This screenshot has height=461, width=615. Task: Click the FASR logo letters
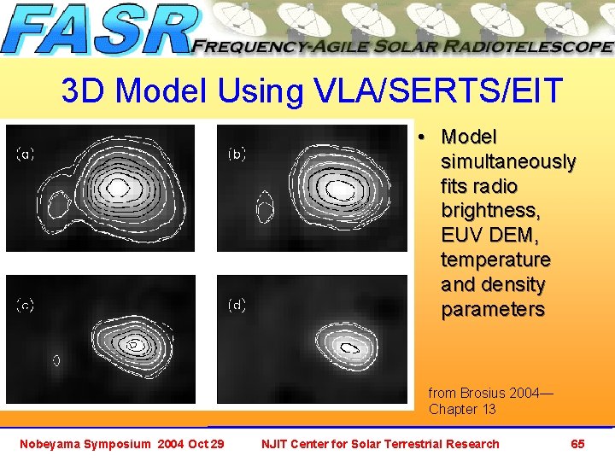[x=98, y=31]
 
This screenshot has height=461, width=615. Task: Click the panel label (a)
[x=26, y=155]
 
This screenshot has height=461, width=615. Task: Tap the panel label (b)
[x=237, y=155]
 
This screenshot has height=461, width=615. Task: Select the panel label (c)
[x=26, y=305]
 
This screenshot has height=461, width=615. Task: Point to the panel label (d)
[x=237, y=305]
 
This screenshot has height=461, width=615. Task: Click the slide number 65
[x=577, y=443]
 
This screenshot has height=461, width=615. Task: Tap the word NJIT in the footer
[x=276, y=443]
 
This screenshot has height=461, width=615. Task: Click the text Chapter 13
[x=462, y=409]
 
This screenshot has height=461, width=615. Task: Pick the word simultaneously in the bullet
[x=508, y=161]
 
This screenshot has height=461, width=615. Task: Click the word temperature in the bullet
[x=495, y=260]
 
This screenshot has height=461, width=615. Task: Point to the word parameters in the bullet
[x=492, y=309]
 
